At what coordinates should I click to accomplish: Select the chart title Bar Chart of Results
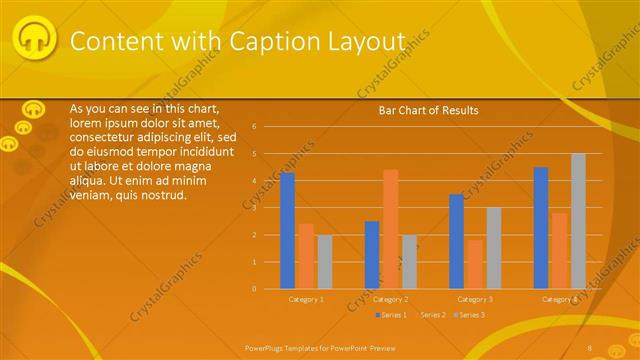tap(428, 110)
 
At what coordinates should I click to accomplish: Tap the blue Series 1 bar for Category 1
tap(288, 230)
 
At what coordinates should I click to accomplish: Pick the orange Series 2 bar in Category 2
tap(390, 229)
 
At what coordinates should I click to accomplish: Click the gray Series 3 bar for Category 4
tap(578, 221)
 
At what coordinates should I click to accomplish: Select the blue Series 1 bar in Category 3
tap(456, 241)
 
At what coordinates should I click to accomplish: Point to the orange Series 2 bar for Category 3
tap(474, 264)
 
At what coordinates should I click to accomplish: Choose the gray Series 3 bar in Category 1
tap(324, 261)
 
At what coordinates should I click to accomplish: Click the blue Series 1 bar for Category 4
tap(541, 228)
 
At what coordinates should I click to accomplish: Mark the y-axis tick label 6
tap(255, 127)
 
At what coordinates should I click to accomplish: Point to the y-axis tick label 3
tap(255, 208)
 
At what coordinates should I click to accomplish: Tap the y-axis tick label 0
tap(255, 289)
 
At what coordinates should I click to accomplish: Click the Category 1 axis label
tap(306, 299)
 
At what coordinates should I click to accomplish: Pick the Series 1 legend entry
tap(391, 315)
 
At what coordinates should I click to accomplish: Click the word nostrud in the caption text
tap(164, 194)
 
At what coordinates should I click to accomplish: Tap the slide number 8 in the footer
tap(590, 347)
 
